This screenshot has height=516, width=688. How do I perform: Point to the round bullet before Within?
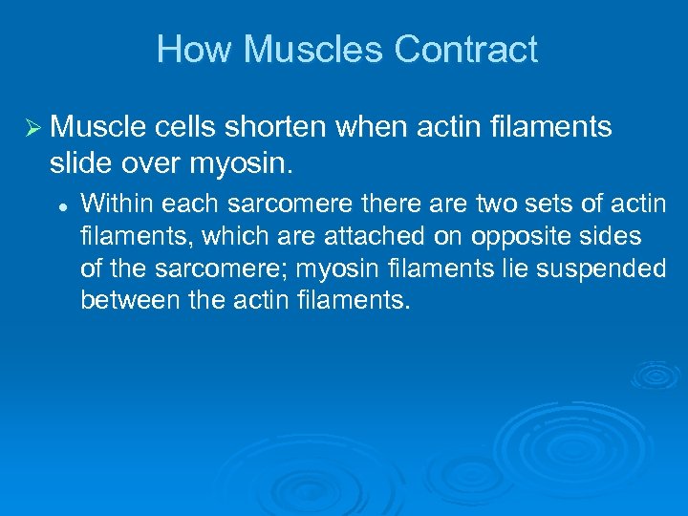coord(60,204)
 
